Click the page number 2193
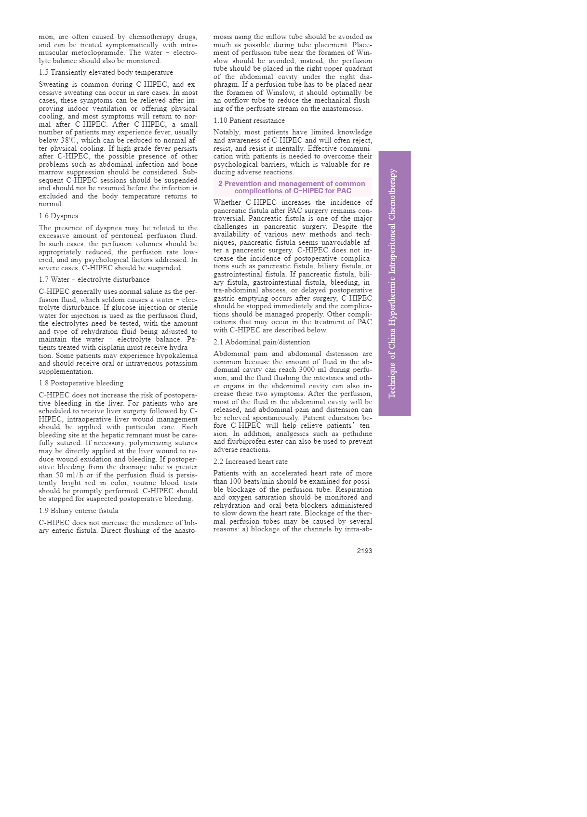coord(364,551)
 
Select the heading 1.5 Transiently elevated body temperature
coord(106,72)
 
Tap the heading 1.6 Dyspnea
coord(59,216)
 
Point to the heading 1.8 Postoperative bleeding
coord(81,383)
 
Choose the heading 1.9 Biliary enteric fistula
coord(79,511)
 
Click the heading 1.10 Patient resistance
coord(249,120)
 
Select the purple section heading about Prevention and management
coord(293,187)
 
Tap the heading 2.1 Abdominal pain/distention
coord(262,342)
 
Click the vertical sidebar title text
coord(393,283)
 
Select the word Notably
coord(227,132)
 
